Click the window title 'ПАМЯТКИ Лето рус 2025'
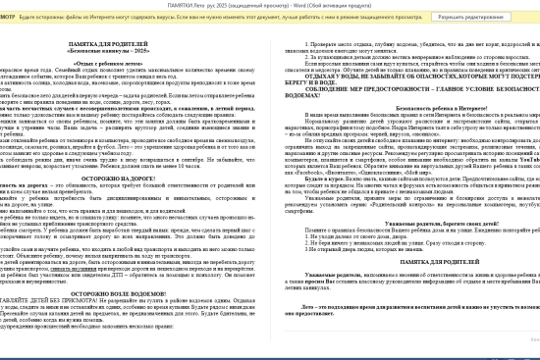[265, 5]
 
